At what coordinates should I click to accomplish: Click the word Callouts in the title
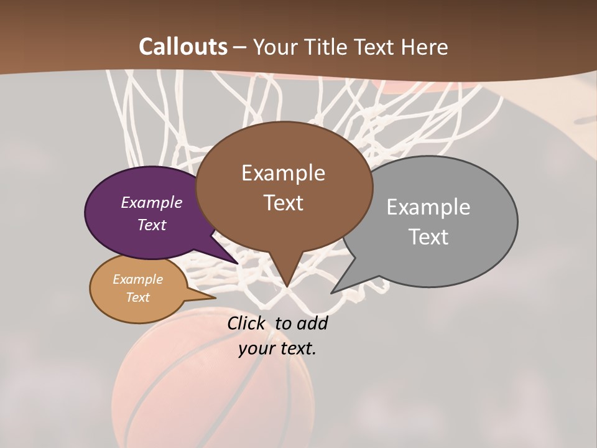[x=183, y=47]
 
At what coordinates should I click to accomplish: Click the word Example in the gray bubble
[x=428, y=207]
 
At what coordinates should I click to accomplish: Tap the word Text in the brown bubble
[x=283, y=203]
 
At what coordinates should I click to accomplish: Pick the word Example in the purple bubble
[x=152, y=202]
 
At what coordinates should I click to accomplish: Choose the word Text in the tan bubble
[x=138, y=297]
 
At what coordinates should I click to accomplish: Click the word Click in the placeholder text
[x=246, y=323]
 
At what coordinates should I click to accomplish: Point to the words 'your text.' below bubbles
[x=277, y=348]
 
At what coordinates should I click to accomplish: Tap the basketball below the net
[x=211, y=380]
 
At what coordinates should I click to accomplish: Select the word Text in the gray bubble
[x=429, y=237]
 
